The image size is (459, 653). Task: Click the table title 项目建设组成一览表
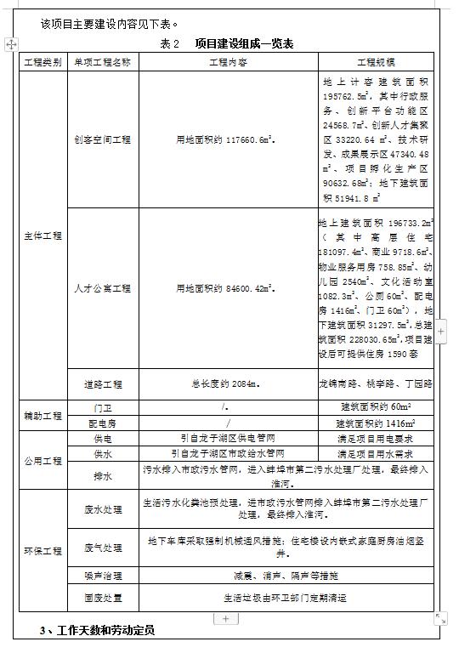coord(244,43)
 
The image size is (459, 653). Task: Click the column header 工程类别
coord(42,62)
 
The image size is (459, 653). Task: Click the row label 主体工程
coord(42,236)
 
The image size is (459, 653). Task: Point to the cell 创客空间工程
coord(103,140)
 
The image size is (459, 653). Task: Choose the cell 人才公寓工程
coord(103,288)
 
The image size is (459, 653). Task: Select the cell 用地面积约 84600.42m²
coord(228,288)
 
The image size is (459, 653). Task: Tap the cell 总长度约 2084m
coord(228,383)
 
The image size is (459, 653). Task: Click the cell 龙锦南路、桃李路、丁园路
coord(375,383)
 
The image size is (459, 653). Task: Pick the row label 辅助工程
coord(42,415)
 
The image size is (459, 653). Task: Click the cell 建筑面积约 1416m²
coord(375,423)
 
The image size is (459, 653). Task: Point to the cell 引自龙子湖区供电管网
coord(228,439)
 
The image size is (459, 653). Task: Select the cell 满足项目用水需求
coord(375,454)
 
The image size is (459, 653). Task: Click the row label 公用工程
coord(42,461)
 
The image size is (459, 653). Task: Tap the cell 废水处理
coord(103,509)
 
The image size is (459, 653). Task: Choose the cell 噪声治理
coord(103,576)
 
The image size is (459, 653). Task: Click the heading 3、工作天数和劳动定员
coord(99,631)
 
